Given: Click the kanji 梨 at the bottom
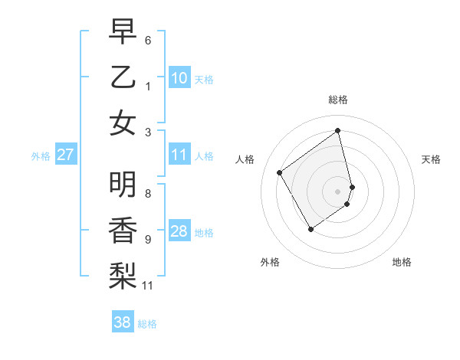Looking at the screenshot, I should coord(123,274).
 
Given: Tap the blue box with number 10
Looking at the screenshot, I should coord(179,78).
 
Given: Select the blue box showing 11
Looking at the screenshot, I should coord(179,155).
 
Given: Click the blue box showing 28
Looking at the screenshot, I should coord(179,232).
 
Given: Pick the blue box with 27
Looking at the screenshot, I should coord(66,155).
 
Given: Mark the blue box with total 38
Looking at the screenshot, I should coord(123,323).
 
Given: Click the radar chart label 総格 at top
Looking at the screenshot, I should coord(337,100).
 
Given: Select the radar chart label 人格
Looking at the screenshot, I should coord(245,159).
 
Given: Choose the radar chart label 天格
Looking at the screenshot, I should coord(431,159).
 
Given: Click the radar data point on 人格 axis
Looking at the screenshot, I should coord(280,173).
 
